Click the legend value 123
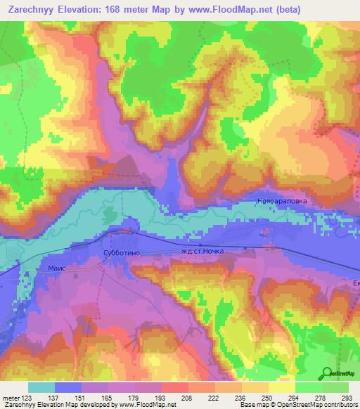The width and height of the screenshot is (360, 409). click(x=27, y=397)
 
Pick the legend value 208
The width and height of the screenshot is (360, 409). click(x=167, y=397)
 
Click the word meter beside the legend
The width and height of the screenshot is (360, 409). click(x=9, y=397)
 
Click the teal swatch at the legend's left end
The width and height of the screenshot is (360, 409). click(x=41, y=387)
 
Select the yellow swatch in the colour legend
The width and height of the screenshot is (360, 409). click(x=282, y=387)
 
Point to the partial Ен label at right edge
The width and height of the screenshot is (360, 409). click(x=355, y=282)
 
